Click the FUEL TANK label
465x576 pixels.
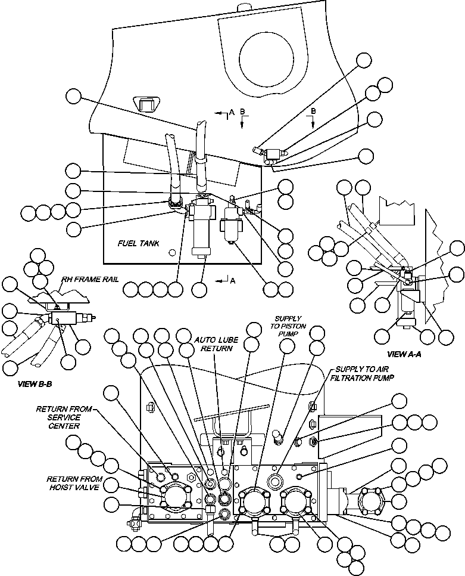(x=138, y=244)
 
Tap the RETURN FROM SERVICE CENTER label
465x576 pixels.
(x=65, y=417)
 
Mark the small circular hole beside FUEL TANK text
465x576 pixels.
(x=172, y=253)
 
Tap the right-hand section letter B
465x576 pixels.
(x=313, y=112)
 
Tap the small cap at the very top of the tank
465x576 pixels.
(x=245, y=7)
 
